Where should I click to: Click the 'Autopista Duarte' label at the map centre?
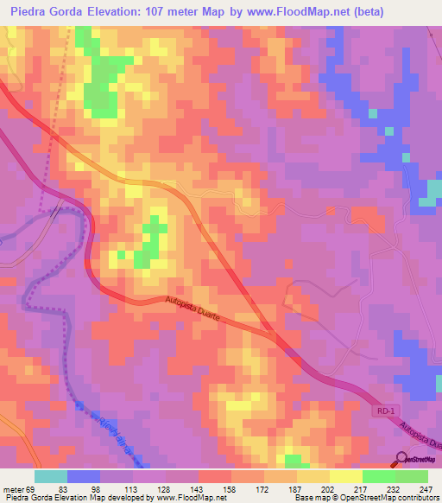click(198, 309)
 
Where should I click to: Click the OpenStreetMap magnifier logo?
click(401, 459)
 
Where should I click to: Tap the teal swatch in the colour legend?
click(50, 476)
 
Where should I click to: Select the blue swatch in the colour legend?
click(83, 476)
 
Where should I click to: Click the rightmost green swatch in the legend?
click(412, 476)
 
